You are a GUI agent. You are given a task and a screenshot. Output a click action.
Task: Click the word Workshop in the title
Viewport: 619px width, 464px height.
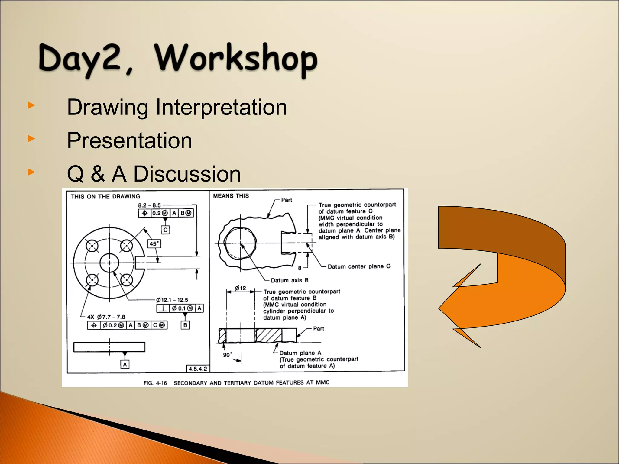coord(236,59)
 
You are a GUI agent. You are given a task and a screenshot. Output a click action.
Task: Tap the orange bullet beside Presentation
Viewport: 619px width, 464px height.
coord(31,139)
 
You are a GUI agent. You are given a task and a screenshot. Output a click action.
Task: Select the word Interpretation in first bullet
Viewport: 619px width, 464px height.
coord(221,107)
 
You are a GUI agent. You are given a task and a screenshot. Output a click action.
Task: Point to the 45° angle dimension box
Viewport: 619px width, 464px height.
coord(154,243)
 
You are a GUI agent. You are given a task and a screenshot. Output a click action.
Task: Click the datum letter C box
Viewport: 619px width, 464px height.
coord(165,230)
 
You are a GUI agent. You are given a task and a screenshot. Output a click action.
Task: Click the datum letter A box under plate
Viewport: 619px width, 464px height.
coord(125,364)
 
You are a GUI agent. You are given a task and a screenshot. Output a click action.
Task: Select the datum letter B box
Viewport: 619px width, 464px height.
coord(185,325)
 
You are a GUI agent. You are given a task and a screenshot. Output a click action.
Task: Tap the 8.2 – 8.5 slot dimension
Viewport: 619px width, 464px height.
coord(149,205)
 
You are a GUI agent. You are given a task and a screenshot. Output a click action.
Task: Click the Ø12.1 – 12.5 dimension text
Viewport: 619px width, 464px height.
coord(172,300)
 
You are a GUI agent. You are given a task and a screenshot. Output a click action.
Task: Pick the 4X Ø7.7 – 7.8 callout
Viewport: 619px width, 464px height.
coord(106,317)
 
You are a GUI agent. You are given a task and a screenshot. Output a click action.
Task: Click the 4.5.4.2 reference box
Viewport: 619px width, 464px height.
coord(198,369)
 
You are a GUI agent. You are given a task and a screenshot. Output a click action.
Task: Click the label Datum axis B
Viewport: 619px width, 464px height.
coord(289,280)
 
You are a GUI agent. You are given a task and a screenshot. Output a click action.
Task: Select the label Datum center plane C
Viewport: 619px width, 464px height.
coord(359,266)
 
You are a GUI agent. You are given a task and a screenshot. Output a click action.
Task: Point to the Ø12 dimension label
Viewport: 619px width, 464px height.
coord(241,288)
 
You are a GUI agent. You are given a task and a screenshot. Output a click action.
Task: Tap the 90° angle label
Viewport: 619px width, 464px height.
coord(228,355)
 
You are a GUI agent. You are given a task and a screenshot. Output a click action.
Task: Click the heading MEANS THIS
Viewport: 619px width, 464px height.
coord(231,196)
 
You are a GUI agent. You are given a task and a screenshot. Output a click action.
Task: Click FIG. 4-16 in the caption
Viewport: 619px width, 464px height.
coord(155,383)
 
